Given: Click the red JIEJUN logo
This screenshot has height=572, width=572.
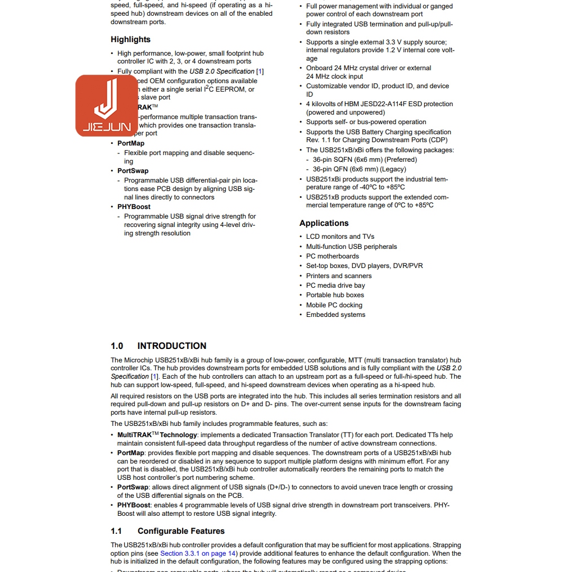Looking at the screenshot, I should click(107, 106).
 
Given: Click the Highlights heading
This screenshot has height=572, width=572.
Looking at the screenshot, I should click(130, 39).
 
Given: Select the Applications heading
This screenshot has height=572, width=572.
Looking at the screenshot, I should click(324, 223).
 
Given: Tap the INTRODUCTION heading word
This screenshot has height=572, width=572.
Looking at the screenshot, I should click(171, 346).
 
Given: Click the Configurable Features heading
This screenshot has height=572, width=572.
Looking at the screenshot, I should click(181, 531).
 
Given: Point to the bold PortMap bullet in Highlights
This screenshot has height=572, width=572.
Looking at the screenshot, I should click(131, 143).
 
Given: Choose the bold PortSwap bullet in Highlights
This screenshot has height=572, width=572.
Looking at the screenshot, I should click(133, 171).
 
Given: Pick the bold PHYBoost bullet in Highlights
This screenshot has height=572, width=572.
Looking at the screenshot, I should click(134, 207).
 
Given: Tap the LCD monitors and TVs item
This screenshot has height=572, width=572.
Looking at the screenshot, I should click(340, 237).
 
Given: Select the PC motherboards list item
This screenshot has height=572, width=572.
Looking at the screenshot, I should click(332, 256).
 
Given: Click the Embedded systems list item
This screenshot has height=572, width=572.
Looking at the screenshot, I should click(335, 315).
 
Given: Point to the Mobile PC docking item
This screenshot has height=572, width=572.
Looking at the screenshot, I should click(334, 305).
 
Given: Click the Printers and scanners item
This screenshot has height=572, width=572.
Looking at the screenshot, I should click(339, 276).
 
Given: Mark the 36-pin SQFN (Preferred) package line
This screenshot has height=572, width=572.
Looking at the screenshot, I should click(365, 160).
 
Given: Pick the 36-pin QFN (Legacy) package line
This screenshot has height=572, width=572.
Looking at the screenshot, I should click(359, 169).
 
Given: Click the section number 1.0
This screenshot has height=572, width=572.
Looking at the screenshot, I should click(117, 346).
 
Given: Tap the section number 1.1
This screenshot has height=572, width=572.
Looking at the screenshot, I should click(116, 531).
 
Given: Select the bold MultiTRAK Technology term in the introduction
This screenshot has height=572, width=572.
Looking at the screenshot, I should click(157, 435).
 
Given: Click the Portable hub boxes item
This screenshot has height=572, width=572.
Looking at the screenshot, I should click(335, 295).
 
